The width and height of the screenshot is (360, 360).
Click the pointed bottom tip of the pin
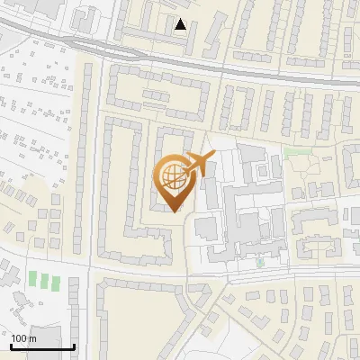[x=175, y=211]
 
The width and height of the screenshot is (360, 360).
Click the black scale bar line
[x=42, y=346]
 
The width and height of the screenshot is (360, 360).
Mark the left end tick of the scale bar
[x=11, y=345]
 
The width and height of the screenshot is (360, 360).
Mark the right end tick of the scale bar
[x=74, y=345]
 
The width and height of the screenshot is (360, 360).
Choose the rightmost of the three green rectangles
[x=56, y=281]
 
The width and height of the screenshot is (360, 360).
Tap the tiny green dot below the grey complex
[x=260, y=264]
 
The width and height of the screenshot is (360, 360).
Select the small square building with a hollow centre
[x=85, y=17]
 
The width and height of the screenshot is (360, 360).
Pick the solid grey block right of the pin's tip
[x=206, y=227]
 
